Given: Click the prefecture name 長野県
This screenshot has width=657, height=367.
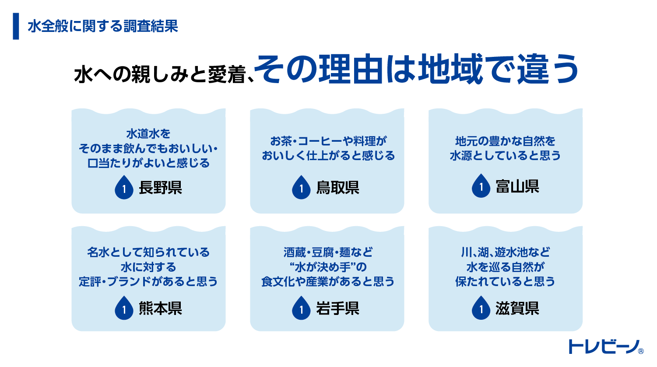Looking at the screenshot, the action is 160,188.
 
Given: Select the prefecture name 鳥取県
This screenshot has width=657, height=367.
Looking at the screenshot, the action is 337,188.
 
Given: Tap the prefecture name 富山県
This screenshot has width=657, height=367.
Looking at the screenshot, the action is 517,187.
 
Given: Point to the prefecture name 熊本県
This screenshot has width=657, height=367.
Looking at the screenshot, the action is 160,309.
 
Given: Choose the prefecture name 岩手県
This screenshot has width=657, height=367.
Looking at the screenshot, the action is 337,309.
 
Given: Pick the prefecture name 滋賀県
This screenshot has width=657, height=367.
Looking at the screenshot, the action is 517,309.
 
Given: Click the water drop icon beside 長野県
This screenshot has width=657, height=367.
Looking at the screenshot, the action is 124,188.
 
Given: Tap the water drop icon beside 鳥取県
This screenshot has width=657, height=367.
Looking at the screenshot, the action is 301,188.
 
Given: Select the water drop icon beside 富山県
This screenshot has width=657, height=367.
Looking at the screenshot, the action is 481,186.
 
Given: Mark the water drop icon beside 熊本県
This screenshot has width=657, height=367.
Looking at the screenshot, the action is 124,308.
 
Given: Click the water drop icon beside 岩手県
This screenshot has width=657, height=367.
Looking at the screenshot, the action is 301,308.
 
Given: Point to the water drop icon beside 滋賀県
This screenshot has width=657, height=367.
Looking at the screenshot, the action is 481,308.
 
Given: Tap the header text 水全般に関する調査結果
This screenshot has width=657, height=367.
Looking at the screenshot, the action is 103,27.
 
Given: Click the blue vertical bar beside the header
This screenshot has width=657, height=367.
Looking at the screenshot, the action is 16,26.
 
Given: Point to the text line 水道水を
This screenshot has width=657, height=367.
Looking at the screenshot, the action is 148,134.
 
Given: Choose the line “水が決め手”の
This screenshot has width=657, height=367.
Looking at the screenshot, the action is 328,267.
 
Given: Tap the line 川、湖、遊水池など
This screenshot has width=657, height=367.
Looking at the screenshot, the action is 505,252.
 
